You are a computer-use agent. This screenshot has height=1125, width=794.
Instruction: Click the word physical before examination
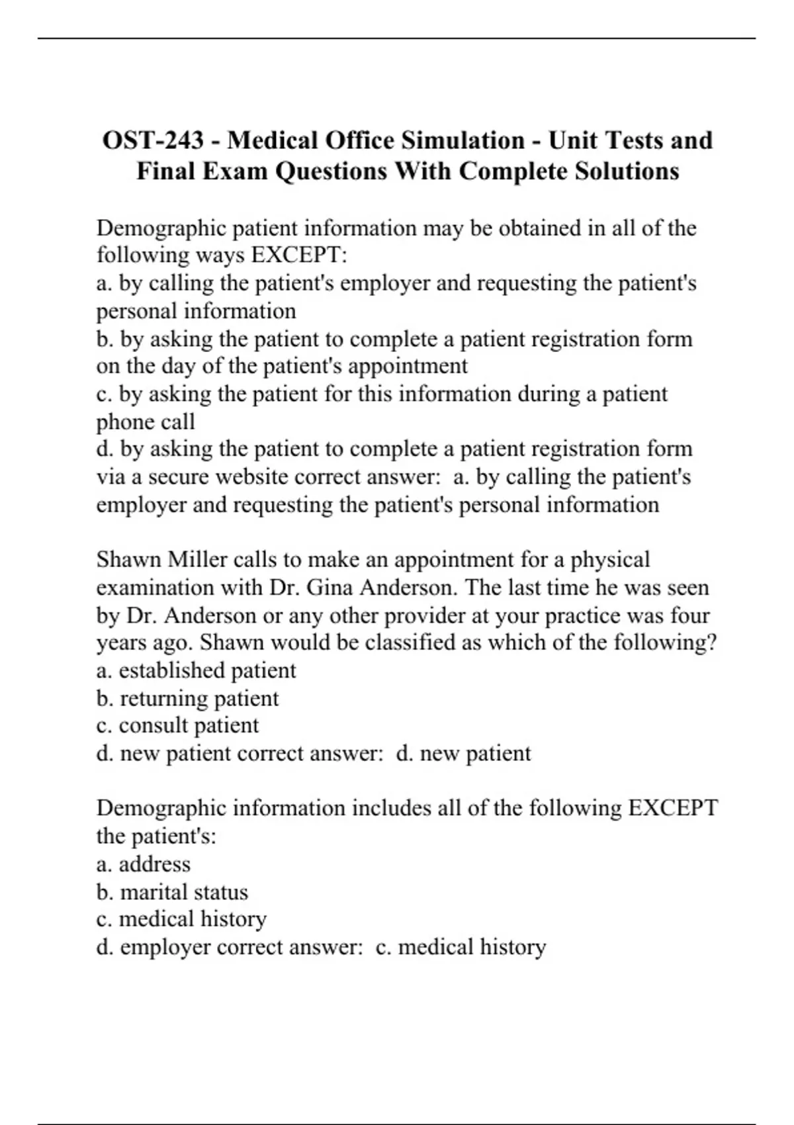tap(610, 560)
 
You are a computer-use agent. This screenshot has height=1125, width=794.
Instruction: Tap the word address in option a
tap(154, 864)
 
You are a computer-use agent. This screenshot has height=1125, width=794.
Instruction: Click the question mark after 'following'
tap(712, 643)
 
